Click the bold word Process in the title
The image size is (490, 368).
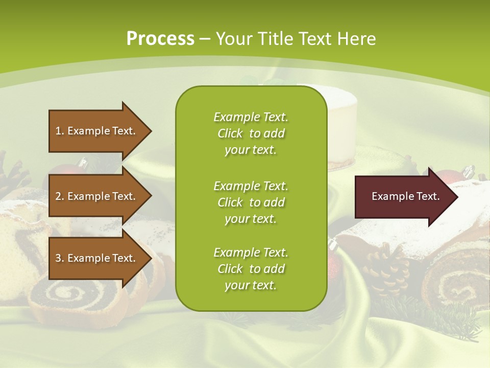pos(160,39)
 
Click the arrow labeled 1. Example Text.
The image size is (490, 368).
pos(97,131)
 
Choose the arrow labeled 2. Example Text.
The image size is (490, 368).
pos(97,196)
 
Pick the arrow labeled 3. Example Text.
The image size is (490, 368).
pos(97,258)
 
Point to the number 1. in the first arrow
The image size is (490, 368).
pos(60,131)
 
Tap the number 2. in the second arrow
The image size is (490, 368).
pos(60,196)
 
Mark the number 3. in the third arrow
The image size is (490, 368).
pos(60,258)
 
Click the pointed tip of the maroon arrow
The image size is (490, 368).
pos(454,197)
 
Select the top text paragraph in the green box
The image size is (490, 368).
pos(251,133)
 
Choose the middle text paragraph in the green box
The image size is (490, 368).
pos(251,202)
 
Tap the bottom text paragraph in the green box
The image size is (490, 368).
pos(251,269)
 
